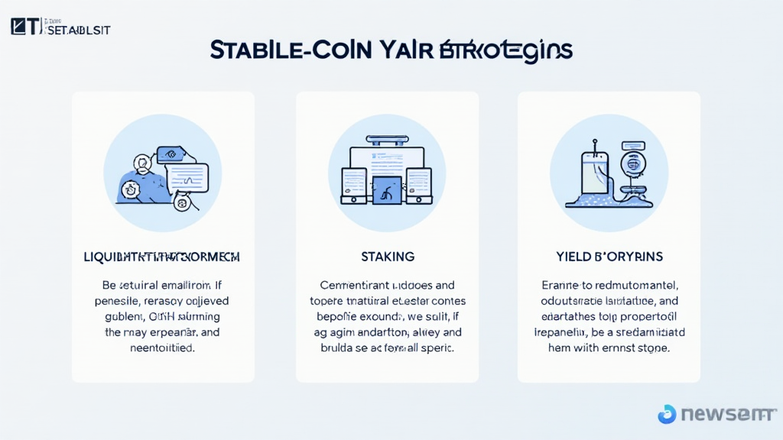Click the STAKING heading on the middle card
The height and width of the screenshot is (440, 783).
click(387, 257)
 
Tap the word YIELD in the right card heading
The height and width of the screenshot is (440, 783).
click(573, 257)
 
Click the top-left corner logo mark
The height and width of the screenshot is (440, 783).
click(25, 27)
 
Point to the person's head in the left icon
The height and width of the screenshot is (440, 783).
click(142, 163)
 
